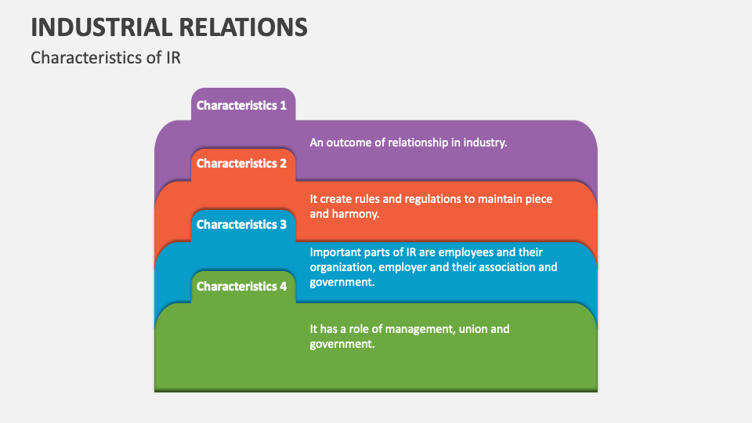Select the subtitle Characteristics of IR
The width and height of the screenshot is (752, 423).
[106, 58]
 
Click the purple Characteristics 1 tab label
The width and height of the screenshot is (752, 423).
[241, 105]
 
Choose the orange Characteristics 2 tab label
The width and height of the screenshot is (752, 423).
[241, 164]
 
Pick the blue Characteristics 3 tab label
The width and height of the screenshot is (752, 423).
[241, 225]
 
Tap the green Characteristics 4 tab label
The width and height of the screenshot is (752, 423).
[241, 287]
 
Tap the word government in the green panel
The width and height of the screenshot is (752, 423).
[342, 344]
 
